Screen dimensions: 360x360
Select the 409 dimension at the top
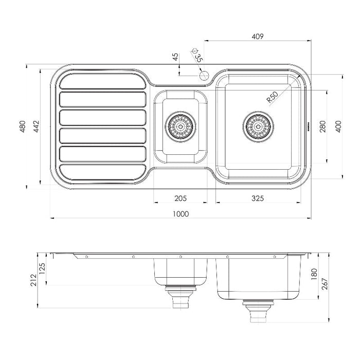[258, 36]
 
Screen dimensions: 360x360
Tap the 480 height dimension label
[22, 127]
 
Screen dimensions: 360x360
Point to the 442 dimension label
[35, 127]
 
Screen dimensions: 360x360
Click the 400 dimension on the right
[338, 127]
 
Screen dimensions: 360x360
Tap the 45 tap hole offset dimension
[176, 57]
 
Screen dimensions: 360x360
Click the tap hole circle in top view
[203, 76]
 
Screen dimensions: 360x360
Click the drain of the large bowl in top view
[257, 124]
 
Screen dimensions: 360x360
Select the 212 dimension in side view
[33, 280]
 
